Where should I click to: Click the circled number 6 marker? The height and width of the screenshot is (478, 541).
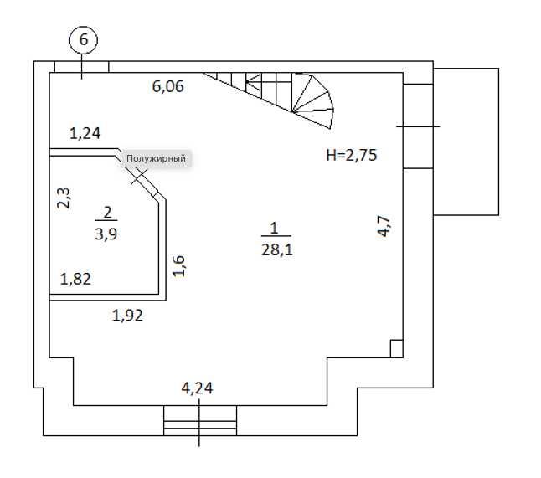point(84,39)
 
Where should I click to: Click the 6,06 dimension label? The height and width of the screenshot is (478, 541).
point(168,86)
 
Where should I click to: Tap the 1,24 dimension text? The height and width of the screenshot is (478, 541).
point(85,133)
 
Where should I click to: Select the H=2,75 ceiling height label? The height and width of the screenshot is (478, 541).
point(352,155)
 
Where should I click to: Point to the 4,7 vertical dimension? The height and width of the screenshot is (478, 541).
point(384,225)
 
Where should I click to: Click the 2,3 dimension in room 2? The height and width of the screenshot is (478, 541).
point(64,198)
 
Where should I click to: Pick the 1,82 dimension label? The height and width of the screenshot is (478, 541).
point(75,279)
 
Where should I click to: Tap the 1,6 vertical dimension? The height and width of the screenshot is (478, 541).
point(179,266)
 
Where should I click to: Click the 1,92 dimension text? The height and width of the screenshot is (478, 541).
point(127,316)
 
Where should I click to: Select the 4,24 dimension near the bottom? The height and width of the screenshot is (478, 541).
point(197,388)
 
